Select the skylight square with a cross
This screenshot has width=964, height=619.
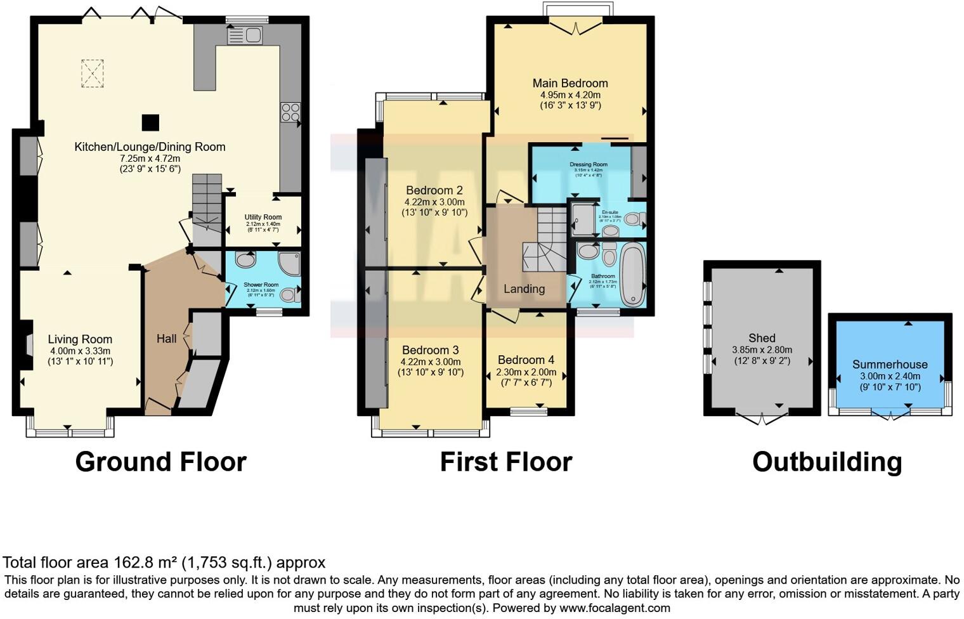click(92, 73)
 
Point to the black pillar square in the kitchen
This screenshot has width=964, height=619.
click(150, 122)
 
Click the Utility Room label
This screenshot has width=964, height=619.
click(263, 217)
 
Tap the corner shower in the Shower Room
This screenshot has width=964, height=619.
click(289, 263)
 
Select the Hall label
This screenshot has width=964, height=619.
click(166, 339)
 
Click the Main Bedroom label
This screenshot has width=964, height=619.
click(570, 83)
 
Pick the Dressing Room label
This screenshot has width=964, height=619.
click(589, 164)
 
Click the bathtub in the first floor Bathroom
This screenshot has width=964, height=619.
click(632, 276)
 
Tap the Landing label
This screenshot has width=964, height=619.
click(524, 289)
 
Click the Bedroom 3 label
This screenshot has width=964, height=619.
click(430, 350)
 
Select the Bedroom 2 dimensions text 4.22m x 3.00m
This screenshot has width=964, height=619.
click(434, 202)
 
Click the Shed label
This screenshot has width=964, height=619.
click(762, 338)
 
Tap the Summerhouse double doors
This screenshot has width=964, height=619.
click(890, 415)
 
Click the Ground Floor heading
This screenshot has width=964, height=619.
click(160, 462)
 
